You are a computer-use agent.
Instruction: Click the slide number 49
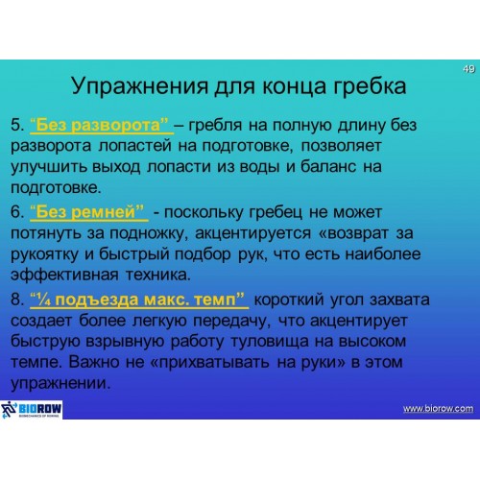(468, 69)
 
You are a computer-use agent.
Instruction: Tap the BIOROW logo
(32, 409)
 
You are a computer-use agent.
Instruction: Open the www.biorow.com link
(438, 409)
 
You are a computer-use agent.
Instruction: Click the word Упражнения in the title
(140, 86)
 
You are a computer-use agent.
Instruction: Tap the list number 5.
(17, 125)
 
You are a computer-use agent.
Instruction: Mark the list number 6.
(17, 212)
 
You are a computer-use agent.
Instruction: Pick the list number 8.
(17, 300)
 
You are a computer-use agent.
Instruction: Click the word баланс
(328, 167)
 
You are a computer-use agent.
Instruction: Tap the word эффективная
(64, 275)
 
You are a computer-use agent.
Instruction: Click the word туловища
(270, 342)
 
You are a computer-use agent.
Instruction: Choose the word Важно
(93, 362)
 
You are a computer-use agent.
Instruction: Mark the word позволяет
(341, 146)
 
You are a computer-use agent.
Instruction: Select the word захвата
(399, 300)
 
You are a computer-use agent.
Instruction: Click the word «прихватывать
(210, 363)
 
